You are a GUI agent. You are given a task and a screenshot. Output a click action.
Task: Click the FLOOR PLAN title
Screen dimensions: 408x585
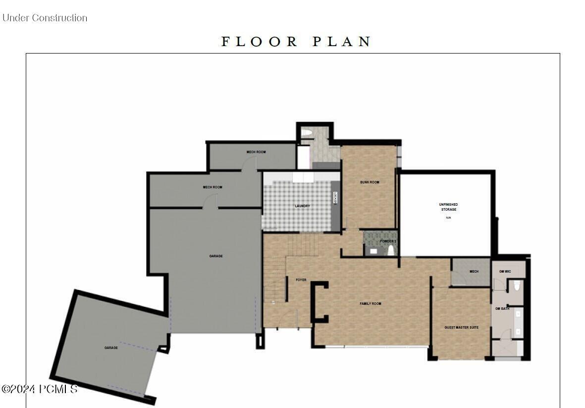296,42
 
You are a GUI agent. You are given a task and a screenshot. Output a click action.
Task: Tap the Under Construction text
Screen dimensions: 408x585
45,18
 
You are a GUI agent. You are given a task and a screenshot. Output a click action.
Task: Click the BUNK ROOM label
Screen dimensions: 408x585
370,182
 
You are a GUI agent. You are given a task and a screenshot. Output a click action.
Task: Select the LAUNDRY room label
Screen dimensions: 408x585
302,206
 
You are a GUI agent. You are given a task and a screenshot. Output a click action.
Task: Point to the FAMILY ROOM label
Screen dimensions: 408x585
371,303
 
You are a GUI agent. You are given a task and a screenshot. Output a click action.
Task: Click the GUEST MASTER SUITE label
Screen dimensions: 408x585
461,327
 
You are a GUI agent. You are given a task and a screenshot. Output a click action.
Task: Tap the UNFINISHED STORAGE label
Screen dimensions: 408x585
448,207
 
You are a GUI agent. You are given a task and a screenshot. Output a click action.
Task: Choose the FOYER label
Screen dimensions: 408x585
301,280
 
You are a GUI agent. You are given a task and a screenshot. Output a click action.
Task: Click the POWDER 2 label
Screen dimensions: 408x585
388,241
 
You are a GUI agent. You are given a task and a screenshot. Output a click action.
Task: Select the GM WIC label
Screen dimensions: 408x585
505,271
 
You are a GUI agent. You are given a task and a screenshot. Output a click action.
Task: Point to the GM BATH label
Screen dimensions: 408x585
502,309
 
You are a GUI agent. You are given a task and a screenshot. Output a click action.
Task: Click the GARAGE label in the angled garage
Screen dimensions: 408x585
111,348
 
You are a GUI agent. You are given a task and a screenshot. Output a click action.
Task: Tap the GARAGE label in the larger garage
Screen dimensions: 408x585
215,256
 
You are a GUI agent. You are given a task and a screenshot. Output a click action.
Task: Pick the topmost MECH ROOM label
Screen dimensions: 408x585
256,152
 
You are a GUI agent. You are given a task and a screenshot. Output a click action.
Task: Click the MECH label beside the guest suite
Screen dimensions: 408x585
474,271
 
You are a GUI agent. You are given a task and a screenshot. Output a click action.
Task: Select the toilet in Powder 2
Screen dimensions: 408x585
391,249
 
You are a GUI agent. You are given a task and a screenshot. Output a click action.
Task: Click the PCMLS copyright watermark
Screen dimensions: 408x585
40,389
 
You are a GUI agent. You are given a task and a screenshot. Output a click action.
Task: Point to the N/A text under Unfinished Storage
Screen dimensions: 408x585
448,218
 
